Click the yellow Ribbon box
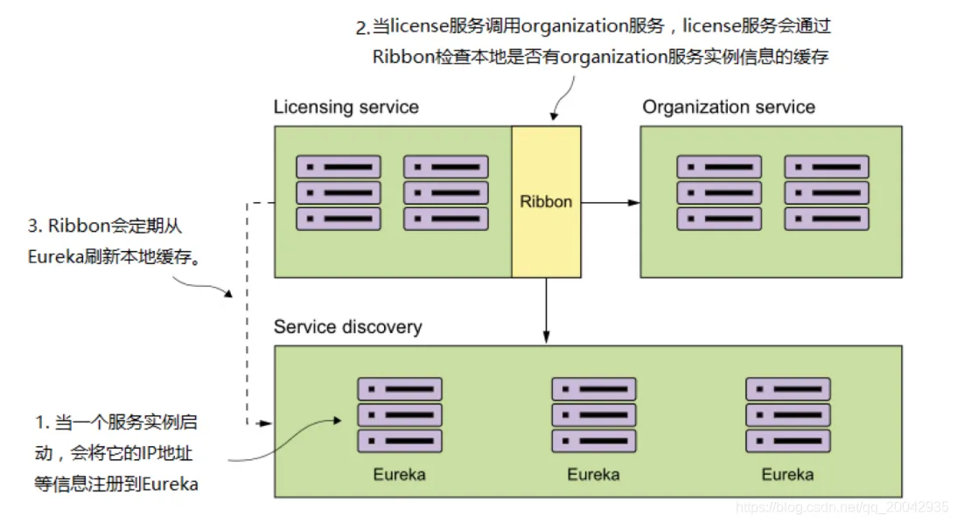pyautogui.click(x=546, y=201)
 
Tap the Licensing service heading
pyautogui.click(x=346, y=108)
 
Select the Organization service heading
pyautogui.click(x=728, y=108)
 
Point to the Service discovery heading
pyautogui.click(x=347, y=327)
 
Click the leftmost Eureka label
pyautogui.click(x=400, y=475)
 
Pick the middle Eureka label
pyautogui.click(x=593, y=475)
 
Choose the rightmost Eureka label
pyautogui.click(x=787, y=475)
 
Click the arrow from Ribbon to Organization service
pyautogui.click(x=610, y=202)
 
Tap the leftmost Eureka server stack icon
pyautogui.click(x=400, y=414)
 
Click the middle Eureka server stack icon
pyautogui.click(x=594, y=414)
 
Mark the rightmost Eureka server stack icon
pyautogui.click(x=787, y=414)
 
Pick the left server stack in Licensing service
pyautogui.click(x=339, y=192)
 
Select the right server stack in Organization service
pyautogui.click(x=826, y=192)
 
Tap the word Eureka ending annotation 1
pyautogui.click(x=170, y=484)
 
